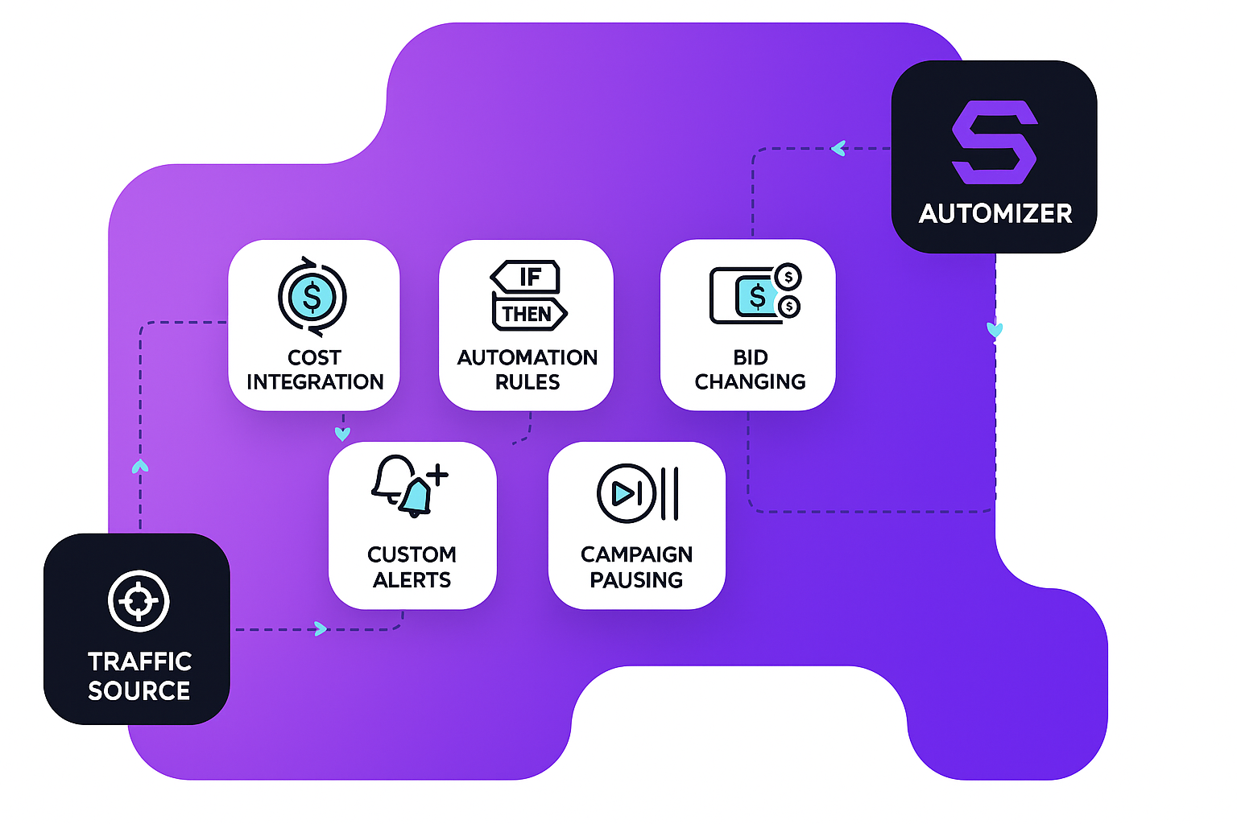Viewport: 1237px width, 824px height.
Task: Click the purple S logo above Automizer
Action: [x=994, y=142]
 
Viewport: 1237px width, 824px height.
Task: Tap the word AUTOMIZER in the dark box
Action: [x=995, y=213]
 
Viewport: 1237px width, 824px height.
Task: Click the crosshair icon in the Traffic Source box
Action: [x=139, y=600]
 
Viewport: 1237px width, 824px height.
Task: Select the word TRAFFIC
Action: [x=139, y=661]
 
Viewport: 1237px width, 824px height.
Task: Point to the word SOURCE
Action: [x=139, y=690]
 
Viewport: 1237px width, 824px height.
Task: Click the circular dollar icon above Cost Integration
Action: [x=312, y=297]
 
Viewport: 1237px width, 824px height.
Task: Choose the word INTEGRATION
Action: [x=315, y=381]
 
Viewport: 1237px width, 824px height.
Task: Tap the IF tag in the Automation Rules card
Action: [x=527, y=277]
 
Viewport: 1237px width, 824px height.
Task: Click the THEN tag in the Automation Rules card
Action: [x=528, y=314]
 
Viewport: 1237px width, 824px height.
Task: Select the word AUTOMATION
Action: [x=527, y=357]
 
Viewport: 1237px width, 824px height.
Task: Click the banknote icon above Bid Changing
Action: [x=747, y=295]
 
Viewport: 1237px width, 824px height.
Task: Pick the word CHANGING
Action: [x=750, y=381]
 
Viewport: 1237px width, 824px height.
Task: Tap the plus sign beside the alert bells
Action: [x=437, y=475]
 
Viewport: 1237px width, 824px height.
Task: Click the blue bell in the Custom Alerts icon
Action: [x=416, y=497]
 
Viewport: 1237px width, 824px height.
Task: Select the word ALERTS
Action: [x=412, y=579]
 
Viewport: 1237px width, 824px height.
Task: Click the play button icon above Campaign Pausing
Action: [x=626, y=493]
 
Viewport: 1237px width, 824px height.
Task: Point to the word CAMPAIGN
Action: [x=636, y=554]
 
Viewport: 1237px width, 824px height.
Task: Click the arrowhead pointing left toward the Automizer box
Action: [x=838, y=148]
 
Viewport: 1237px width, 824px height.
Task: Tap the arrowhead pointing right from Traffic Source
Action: [x=321, y=628]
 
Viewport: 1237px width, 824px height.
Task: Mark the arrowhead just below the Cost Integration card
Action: [x=342, y=434]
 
